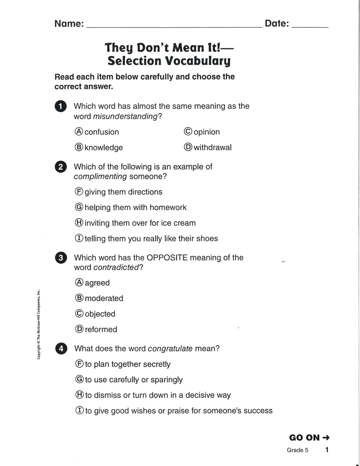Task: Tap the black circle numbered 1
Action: point(61,106)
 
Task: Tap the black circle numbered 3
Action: point(61,258)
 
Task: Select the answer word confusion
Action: point(102,132)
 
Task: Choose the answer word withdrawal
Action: point(213,148)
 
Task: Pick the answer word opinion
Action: point(207,132)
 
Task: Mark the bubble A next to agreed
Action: point(79,283)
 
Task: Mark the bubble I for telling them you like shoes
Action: point(79,238)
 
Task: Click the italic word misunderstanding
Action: point(125,116)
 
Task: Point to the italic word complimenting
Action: point(100,177)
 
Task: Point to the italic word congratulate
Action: point(170,349)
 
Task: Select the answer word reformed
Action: point(101,329)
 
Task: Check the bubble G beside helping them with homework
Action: point(79,207)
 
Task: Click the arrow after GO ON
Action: point(326,438)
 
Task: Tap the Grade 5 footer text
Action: point(297,450)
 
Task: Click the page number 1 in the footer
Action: point(327,450)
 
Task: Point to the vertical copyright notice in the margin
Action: point(38,325)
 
